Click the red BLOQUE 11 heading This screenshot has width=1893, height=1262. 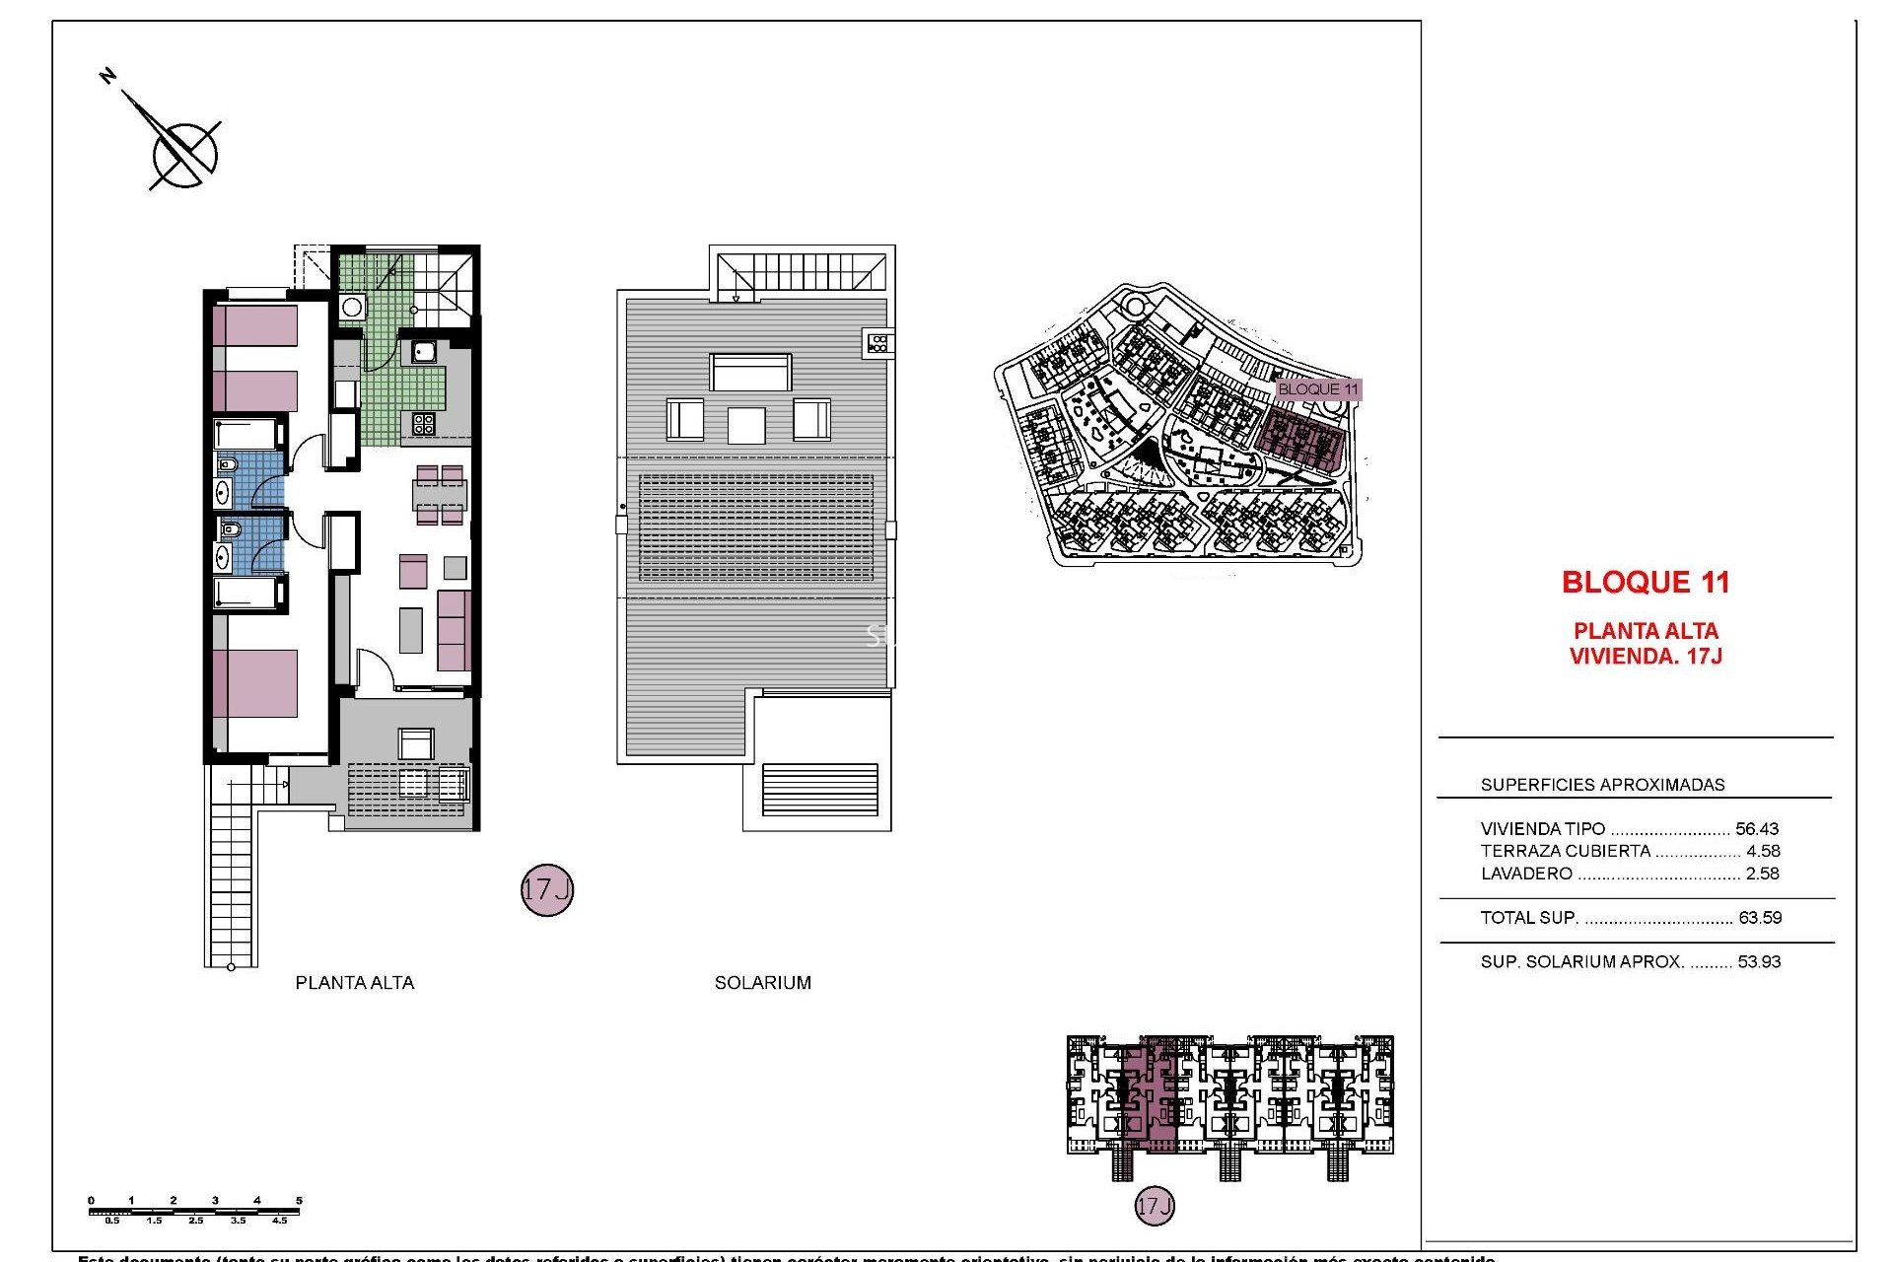(1646, 583)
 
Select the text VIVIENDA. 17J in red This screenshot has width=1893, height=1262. (1646, 657)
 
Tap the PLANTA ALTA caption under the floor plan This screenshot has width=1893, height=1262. (355, 982)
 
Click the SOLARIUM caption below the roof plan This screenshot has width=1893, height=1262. (763, 982)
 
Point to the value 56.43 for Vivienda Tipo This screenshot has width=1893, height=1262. (1757, 829)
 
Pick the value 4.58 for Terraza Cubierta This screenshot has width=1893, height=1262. (1763, 851)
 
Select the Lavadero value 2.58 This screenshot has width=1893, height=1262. (1762, 874)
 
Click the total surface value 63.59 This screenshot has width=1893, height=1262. (1760, 918)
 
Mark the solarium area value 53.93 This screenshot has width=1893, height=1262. (1759, 962)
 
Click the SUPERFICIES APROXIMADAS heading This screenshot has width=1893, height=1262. (1602, 785)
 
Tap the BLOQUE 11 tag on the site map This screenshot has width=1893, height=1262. (1317, 389)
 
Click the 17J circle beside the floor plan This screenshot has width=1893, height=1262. (547, 890)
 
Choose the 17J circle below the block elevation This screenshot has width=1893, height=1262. (1155, 1206)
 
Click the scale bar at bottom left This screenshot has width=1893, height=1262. (195, 1211)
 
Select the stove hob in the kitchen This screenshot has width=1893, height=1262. (424, 424)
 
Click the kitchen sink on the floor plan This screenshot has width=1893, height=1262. (425, 351)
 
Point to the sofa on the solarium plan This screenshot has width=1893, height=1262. (750, 373)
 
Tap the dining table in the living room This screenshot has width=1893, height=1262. (440, 495)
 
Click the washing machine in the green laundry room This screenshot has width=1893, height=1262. (352, 307)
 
